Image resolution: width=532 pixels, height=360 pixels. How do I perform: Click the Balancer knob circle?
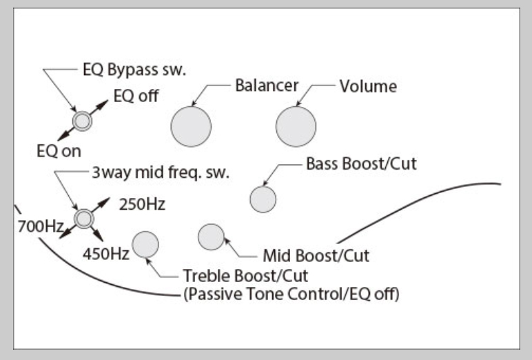coord(191,127)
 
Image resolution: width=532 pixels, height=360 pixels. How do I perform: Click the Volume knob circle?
coord(296,127)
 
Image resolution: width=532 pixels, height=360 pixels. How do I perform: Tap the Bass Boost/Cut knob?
coord(263,199)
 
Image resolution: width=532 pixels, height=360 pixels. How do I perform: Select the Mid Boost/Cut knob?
coord(211,237)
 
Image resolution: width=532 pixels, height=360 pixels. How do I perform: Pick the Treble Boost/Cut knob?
coord(145,244)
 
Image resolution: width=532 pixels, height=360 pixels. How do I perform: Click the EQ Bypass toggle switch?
coord(83,121)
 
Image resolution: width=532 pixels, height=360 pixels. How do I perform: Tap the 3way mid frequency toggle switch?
coord(84,219)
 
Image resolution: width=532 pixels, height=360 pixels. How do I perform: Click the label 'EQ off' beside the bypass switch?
coord(136,97)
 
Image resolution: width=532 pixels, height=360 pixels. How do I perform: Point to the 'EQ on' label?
coord(59,151)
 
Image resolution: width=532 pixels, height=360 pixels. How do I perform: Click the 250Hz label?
coord(142,205)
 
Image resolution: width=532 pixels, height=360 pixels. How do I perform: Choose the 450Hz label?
coord(106,254)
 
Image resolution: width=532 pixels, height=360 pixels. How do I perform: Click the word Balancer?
coord(267,86)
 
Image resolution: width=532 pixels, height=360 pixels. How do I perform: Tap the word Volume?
coord(368,86)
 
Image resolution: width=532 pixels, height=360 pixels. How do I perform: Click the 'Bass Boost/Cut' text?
coord(362,165)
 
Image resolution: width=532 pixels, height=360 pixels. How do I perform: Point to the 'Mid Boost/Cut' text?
coord(316,256)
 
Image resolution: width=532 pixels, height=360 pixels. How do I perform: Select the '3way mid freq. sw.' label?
coord(161,172)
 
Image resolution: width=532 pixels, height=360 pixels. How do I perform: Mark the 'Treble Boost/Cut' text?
coord(245,277)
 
